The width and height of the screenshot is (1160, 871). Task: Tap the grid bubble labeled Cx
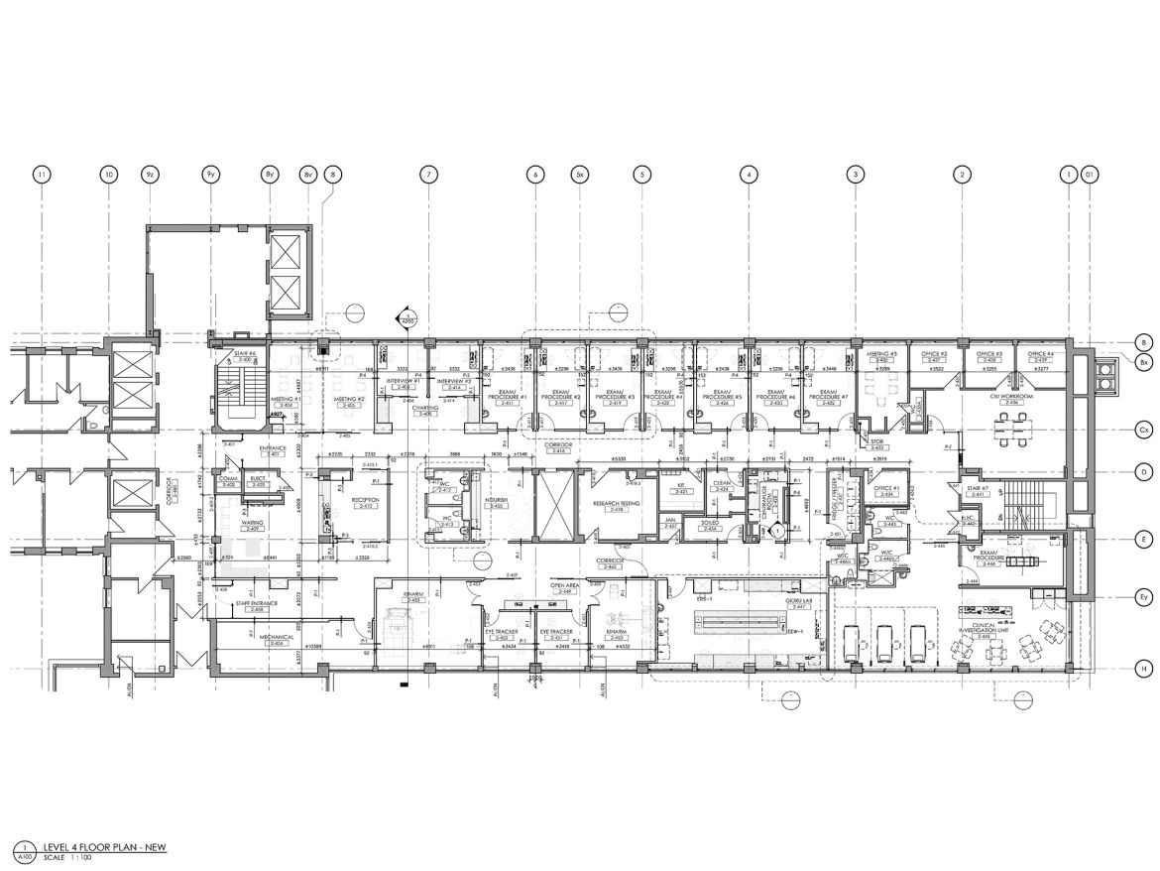(x=1143, y=431)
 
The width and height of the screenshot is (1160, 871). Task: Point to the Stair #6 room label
(x=244, y=356)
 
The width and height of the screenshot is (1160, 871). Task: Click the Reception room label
(x=366, y=503)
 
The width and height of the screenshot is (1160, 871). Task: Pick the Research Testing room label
(x=615, y=506)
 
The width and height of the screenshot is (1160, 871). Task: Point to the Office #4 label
(x=1039, y=356)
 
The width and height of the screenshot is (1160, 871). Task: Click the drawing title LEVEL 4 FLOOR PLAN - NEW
(x=97, y=847)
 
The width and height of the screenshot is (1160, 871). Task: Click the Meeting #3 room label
(x=881, y=356)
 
